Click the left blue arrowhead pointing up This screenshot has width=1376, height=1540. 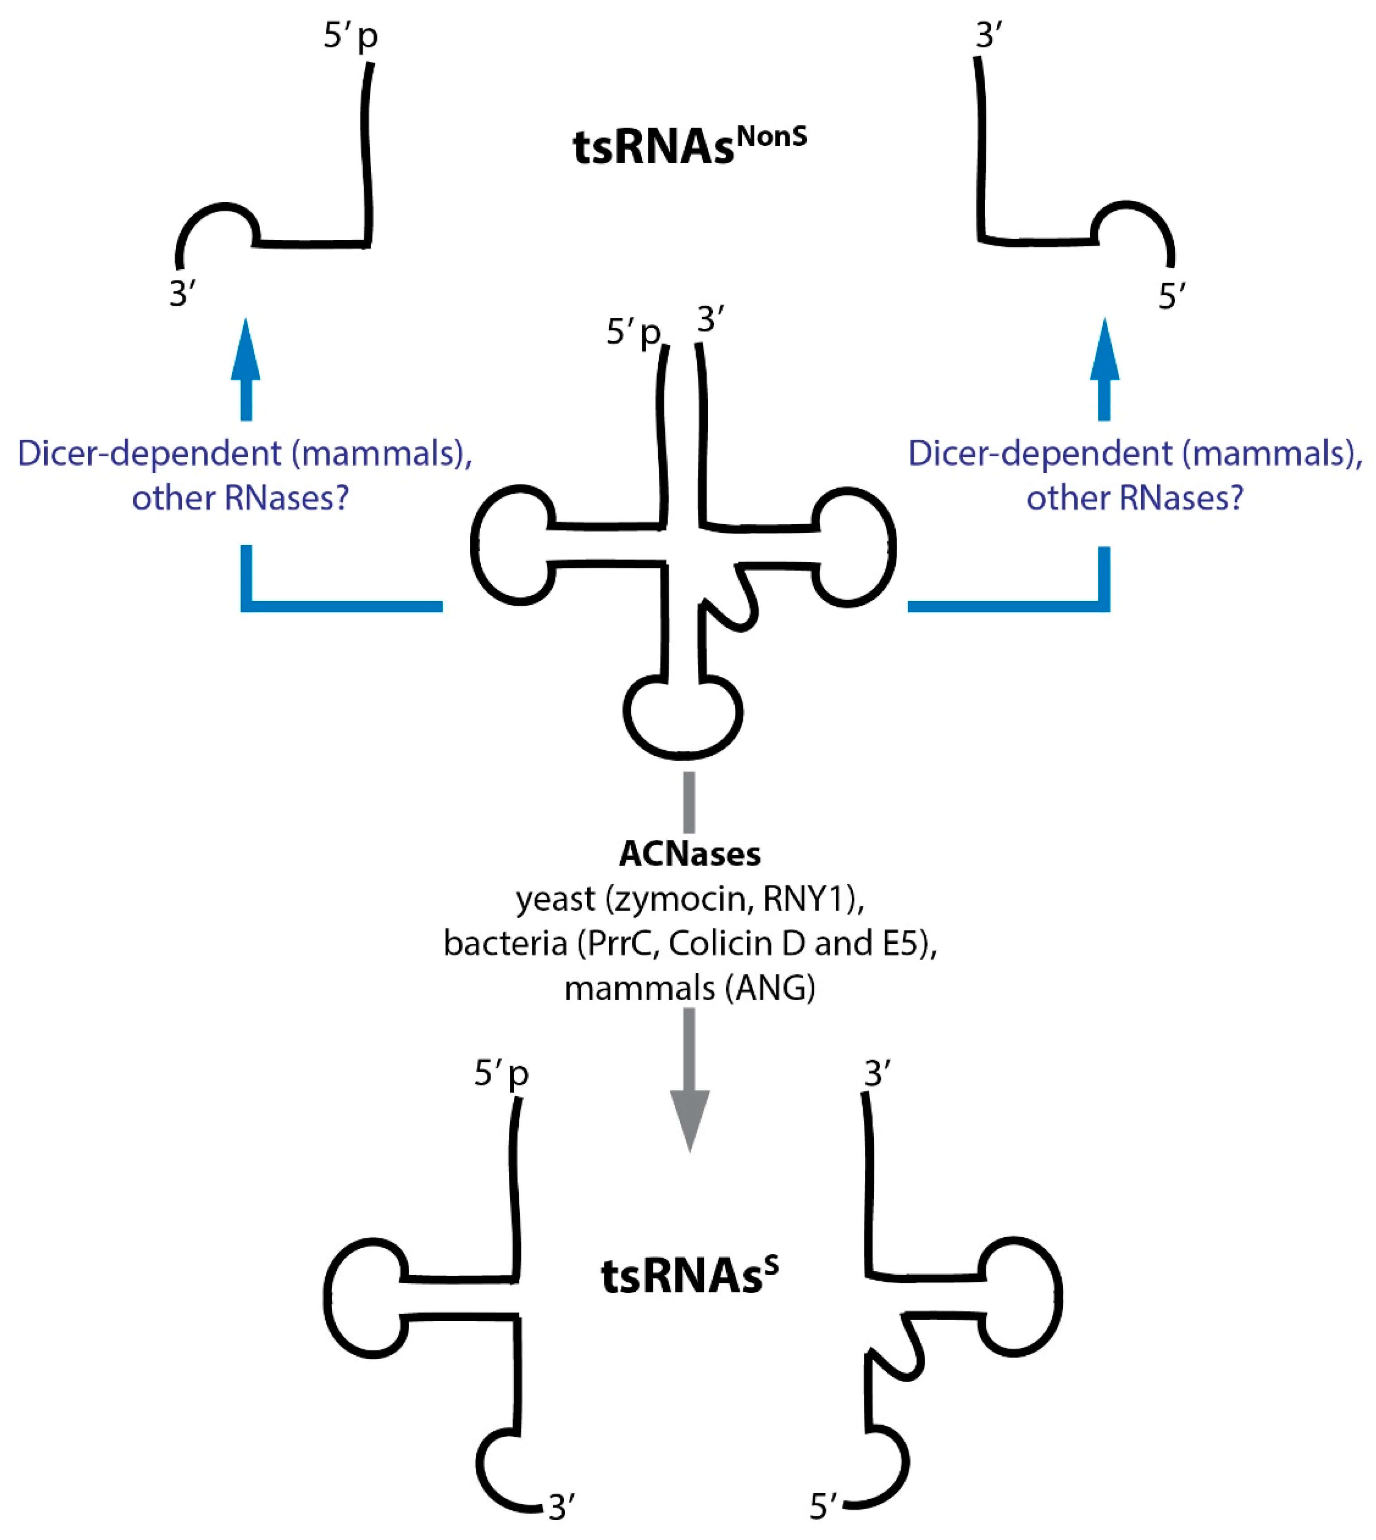245,352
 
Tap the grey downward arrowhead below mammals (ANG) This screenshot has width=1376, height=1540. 690,1119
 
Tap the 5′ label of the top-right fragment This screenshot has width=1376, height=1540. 1171,297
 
